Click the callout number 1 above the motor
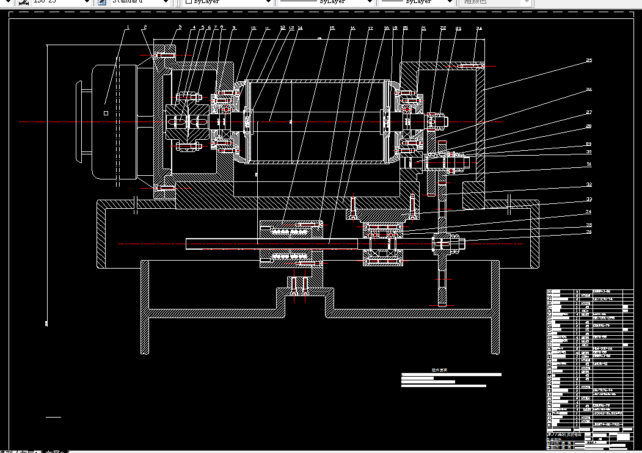[x=128, y=27]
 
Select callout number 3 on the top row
[x=180, y=27]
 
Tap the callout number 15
[x=332, y=28]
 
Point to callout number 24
[x=480, y=28]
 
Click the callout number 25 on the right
[x=589, y=60]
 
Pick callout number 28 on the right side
[x=589, y=126]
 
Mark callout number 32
[x=589, y=185]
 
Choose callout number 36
[x=589, y=232]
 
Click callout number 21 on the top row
[x=423, y=28]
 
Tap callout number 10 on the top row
[x=254, y=28]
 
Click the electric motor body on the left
[x=116, y=122]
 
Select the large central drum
[x=315, y=122]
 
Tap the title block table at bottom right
[x=589, y=366]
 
